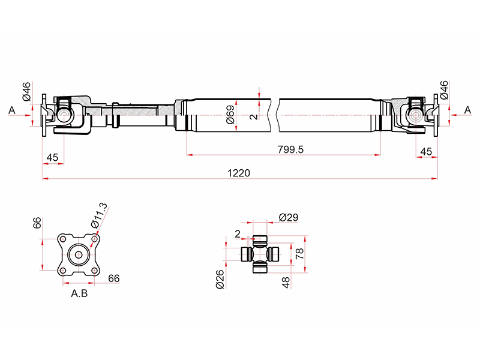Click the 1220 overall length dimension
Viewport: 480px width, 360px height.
coord(238,173)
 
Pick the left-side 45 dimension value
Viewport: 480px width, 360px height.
coord(52,157)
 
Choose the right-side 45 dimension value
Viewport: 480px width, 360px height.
coord(426,151)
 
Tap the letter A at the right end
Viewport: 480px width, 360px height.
coord(468,110)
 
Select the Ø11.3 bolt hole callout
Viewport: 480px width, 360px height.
coord(100,215)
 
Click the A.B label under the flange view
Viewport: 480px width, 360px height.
coord(80,294)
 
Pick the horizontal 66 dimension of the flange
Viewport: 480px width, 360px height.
coord(114,278)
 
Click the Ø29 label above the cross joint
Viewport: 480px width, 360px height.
coord(289,217)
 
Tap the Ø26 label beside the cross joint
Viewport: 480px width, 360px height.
coord(220,279)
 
